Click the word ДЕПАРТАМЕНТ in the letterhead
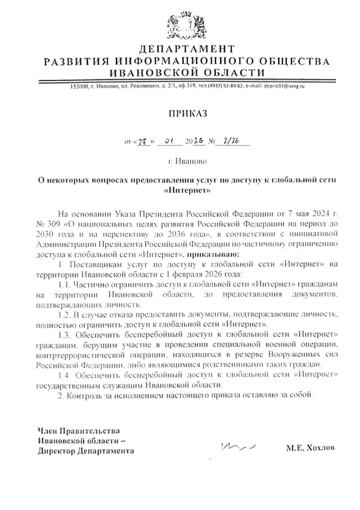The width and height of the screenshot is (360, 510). tap(187, 49)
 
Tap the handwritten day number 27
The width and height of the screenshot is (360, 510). tap(142, 141)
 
